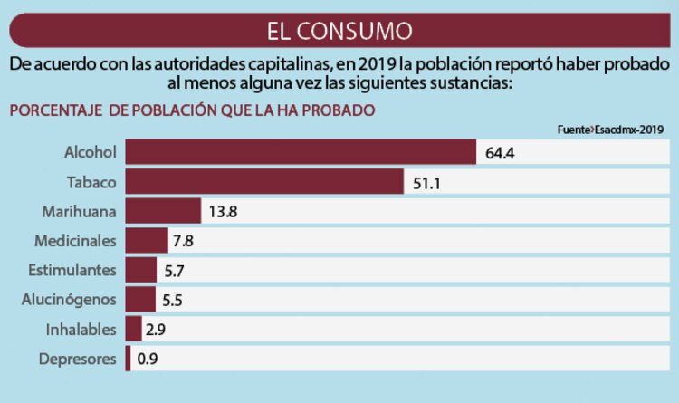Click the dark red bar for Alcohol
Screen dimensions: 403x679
301,152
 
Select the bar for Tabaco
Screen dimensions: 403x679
264,182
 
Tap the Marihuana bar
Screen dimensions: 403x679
163,212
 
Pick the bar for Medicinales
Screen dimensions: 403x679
147,241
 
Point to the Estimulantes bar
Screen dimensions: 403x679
140,271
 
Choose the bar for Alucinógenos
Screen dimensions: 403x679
140,300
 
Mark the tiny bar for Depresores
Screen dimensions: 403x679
129,359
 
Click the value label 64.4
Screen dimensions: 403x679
500,153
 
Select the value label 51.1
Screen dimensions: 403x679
426,182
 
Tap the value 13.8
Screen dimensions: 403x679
223,212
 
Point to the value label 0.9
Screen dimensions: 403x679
148,360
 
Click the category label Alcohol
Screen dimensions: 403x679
91,152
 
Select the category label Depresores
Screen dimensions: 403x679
78,360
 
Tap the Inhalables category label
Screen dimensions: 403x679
80,330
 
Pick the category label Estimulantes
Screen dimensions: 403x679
72,271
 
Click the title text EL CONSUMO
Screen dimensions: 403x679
339,31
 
